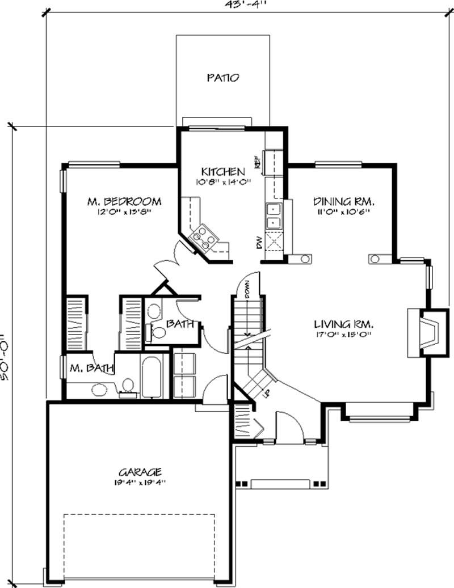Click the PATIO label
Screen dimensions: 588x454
[222, 78]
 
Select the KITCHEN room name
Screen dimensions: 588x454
[223, 171]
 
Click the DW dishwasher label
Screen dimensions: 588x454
[258, 243]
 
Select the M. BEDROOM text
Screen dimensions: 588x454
[124, 201]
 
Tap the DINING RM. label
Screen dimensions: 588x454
[346, 201]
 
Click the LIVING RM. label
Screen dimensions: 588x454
[344, 324]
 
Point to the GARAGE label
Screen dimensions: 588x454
[140, 472]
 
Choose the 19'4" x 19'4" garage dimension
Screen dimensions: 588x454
[140, 483]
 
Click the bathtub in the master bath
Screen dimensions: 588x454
[152, 378]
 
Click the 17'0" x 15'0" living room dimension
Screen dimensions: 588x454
[344, 335]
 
